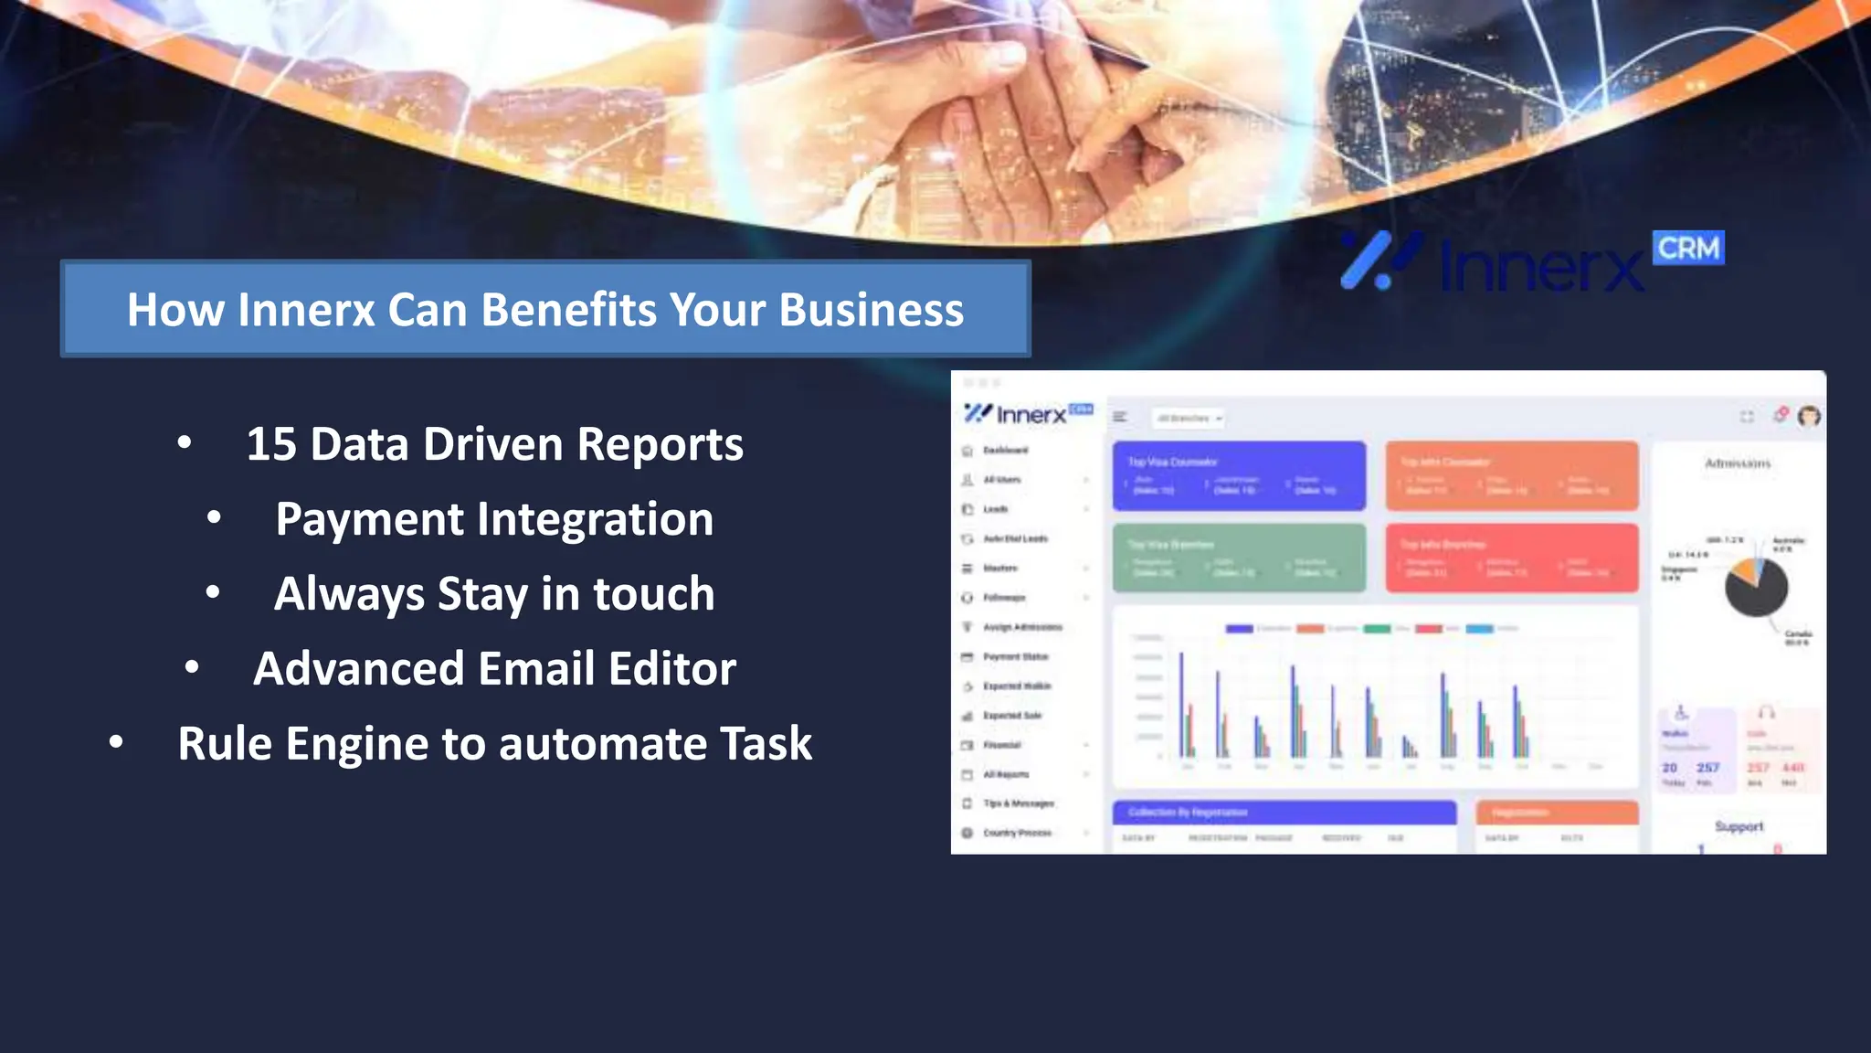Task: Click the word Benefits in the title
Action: pyautogui.click(x=567, y=310)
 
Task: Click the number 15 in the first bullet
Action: pyautogui.click(x=271, y=445)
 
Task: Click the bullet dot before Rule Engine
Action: pyautogui.click(x=116, y=742)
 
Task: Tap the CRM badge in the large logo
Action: pyautogui.click(x=1687, y=248)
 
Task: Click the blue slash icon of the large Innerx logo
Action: pyautogui.click(x=1379, y=261)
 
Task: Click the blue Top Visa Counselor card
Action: pyautogui.click(x=1238, y=475)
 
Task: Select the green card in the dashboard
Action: pyautogui.click(x=1238, y=558)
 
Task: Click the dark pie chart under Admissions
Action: pyautogui.click(x=1755, y=588)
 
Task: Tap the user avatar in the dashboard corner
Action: pyautogui.click(x=1808, y=417)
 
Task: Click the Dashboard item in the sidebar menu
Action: pyautogui.click(x=1005, y=451)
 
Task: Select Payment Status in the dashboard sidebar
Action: pyautogui.click(x=1015, y=656)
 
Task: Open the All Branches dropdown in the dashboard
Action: pyautogui.click(x=1187, y=419)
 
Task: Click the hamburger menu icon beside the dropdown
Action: pyautogui.click(x=1119, y=418)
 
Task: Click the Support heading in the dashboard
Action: pyautogui.click(x=1738, y=826)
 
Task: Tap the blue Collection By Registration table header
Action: pyautogui.click(x=1283, y=812)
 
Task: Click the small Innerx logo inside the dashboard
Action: pyautogui.click(x=1028, y=414)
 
